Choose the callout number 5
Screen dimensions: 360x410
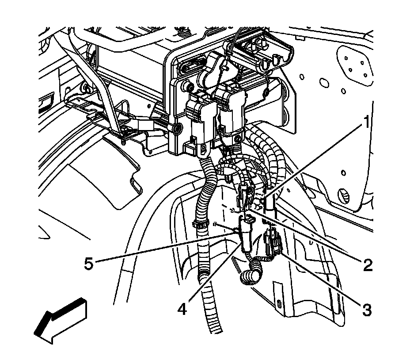click(89, 264)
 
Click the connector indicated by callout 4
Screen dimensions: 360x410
click(246, 233)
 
